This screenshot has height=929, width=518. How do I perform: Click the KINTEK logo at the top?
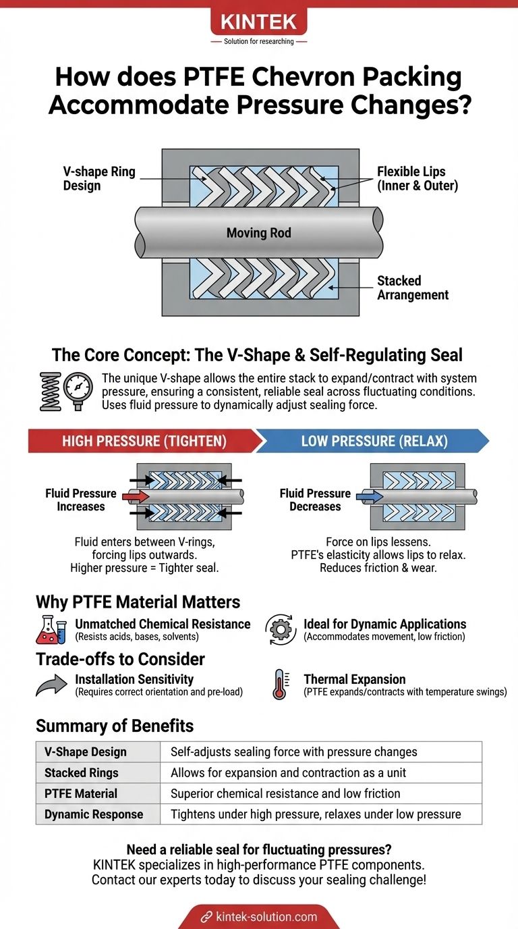[x=259, y=22]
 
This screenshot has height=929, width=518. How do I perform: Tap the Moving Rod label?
[x=260, y=234]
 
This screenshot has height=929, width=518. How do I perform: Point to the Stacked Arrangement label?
[x=413, y=288]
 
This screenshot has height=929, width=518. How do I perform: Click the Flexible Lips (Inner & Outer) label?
[x=418, y=178]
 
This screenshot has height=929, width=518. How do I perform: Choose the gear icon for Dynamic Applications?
[x=280, y=629]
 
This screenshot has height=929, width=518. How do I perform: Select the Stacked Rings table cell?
[x=98, y=772]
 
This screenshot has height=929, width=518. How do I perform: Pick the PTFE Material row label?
[x=98, y=793]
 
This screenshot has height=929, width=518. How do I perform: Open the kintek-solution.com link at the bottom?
[x=259, y=916]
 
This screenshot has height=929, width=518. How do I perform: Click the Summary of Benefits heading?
[x=115, y=726]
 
